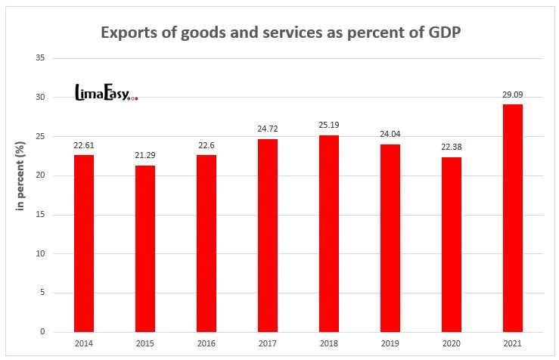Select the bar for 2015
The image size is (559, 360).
tap(144, 249)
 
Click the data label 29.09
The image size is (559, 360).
tap(512, 95)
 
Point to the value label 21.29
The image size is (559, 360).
tap(144, 157)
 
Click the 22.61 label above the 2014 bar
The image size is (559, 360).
tap(83, 146)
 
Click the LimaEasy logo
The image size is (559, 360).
tap(105, 93)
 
